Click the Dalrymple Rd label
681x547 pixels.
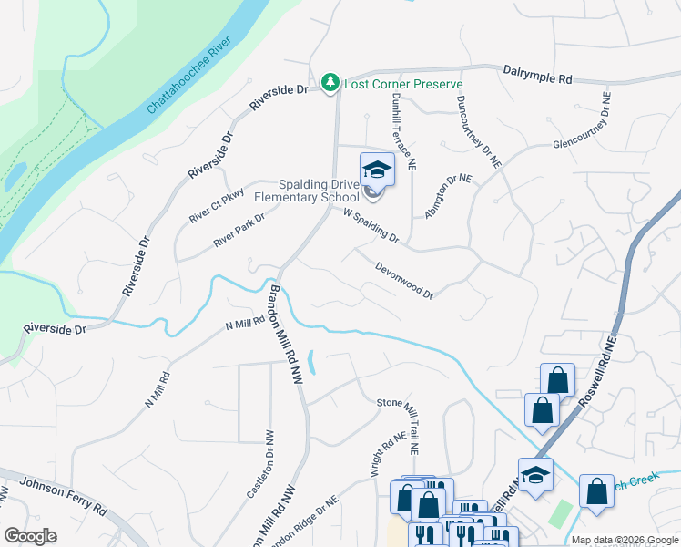coord(537,75)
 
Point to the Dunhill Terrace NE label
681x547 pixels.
coord(404,131)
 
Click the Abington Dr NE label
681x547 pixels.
coord(449,196)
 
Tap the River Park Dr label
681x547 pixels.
coord(239,230)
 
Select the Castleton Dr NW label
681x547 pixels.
coord(257,464)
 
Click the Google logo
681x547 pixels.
coord(30,536)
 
